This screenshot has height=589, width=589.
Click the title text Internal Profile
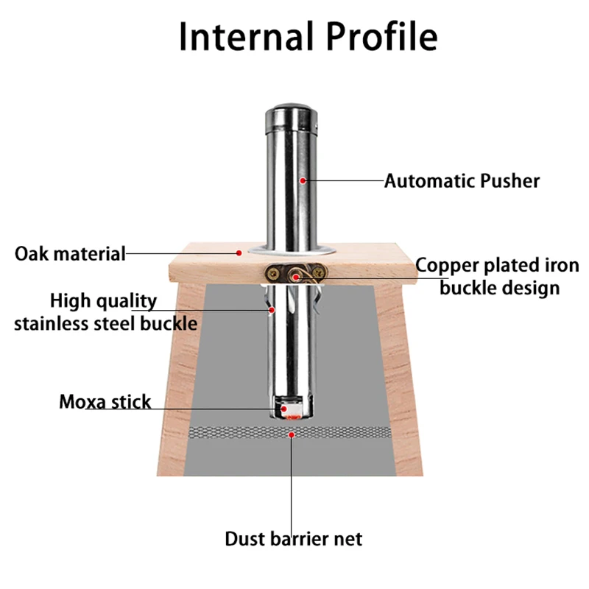point(308,37)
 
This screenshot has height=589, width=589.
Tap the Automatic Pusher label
point(462,180)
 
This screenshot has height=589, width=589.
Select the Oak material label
point(70,254)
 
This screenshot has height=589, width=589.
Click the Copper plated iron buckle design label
point(498,276)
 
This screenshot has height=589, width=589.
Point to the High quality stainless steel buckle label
point(105,311)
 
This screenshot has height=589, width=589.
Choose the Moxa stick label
point(105,402)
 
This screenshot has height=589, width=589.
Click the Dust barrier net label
point(294,539)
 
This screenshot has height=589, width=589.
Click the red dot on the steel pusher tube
point(302,180)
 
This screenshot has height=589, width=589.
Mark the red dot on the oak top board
point(239,253)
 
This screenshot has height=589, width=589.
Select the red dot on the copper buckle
point(295,277)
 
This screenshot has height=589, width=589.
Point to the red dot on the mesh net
point(293,434)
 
